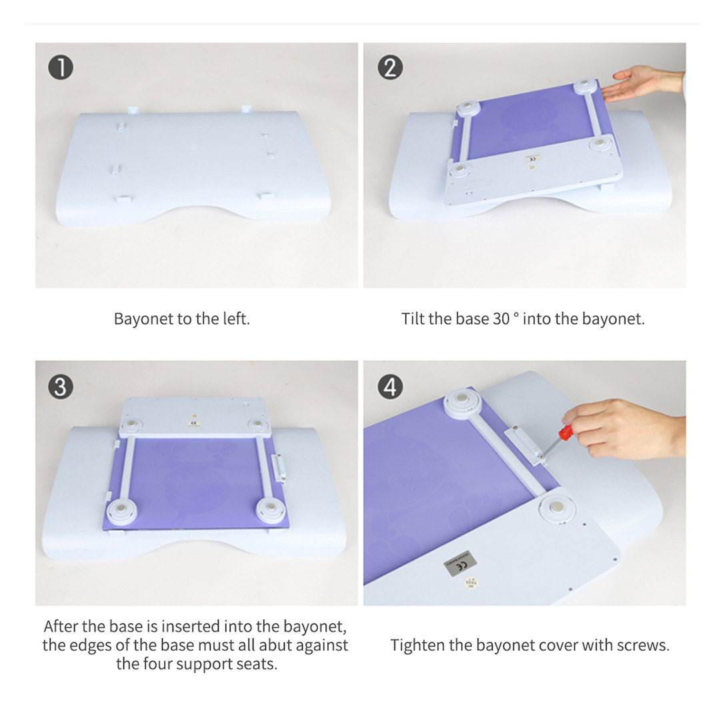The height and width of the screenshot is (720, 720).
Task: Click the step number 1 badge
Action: tap(61, 67)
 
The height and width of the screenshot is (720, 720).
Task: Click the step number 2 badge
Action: tap(390, 67)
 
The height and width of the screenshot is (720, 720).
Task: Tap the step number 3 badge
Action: tap(61, 387)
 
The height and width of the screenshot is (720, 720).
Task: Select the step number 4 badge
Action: tap(390, 387)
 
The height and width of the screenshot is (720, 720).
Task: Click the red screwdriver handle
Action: tap(565, 432)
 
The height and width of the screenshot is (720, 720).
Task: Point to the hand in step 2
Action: tap(643, 83)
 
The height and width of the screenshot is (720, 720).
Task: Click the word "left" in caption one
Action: tap(236, 319)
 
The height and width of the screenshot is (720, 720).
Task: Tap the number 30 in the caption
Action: tap(501, 319)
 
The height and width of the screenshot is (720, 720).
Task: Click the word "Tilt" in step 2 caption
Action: tap(413, 319)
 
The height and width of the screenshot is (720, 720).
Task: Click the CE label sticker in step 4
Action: tap(460, 563)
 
